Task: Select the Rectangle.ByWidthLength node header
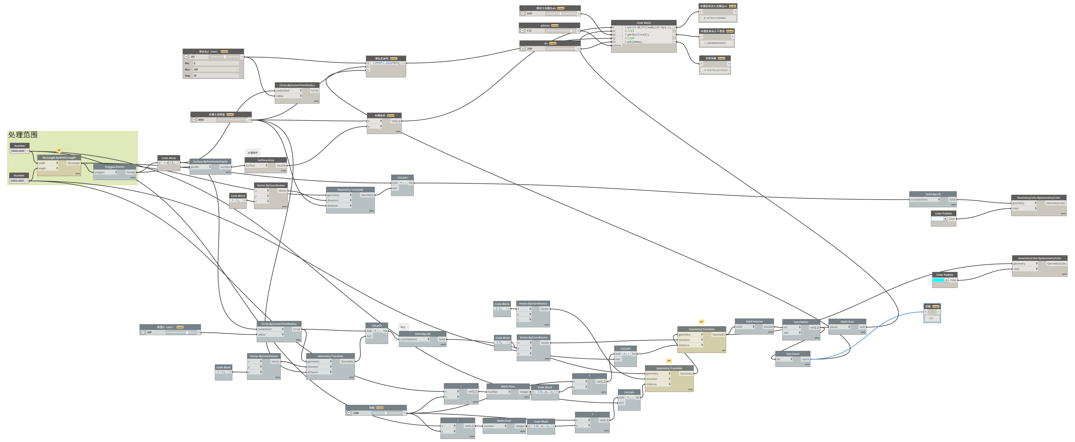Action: click(x=59, y=158)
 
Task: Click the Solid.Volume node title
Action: click(x=754, y=321)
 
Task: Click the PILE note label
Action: click(x=403, y=327)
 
